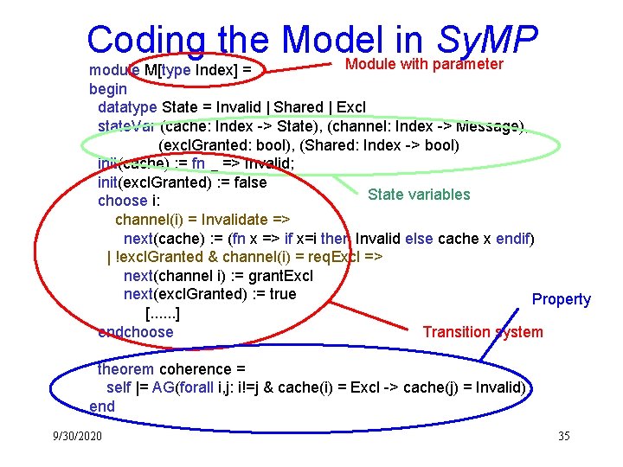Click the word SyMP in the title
click(488, 40)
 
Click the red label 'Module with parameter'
click(424, 64)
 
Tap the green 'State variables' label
click(419, 195)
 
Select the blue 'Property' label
click(561, 299)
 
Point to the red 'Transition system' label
click(483, 332)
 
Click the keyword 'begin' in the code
click(108, 88)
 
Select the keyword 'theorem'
click(126, 369)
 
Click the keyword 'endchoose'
click(136, 332)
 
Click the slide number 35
click(563, 436)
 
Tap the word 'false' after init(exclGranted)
click(250, 182)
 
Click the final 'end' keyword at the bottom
click(101, 406)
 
